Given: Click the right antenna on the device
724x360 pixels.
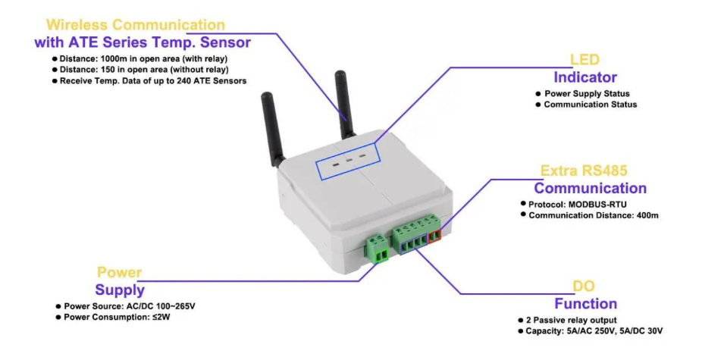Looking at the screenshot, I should (x=342, y=102).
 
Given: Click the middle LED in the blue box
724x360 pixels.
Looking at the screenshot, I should (x=348, y=161).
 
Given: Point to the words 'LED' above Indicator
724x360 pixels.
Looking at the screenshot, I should (x=585, y=60).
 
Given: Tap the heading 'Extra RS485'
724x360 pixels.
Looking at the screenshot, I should (x=584, y=171).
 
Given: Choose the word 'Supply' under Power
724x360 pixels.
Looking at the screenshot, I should (x=120, y=290).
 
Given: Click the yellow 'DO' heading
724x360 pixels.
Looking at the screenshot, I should (x=584, y=286).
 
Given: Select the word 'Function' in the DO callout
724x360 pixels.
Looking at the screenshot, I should (x=585, y=304).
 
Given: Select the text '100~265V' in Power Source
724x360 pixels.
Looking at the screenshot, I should (x=175, y=306).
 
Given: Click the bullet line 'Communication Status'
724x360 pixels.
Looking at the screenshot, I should (x=591, y=105).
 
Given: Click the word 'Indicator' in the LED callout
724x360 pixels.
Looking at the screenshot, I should (x=585, y=77).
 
